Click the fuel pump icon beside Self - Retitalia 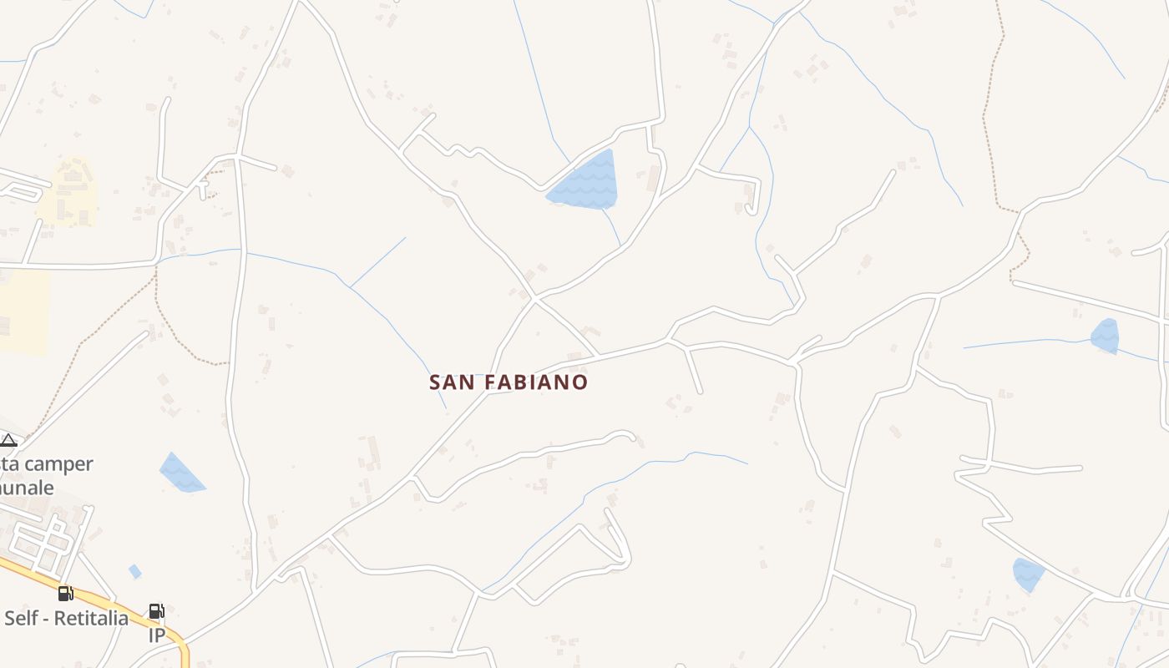point(65,594)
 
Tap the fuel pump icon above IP point(156,612)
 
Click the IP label point(157,635)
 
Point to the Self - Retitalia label point(66,619)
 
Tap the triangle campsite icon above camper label point(8,440)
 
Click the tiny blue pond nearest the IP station point(134,571)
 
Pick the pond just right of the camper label point(180,474)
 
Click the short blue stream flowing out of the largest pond point(611,225)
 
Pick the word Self point(18,619)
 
